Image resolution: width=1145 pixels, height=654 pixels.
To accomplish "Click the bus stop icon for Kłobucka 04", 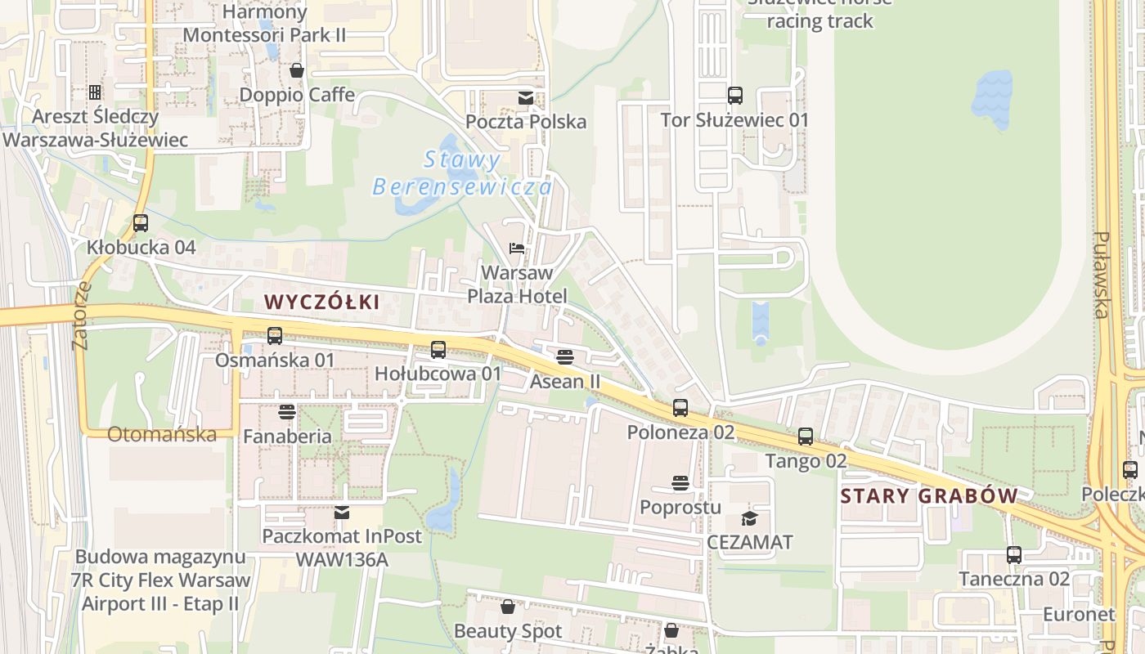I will click(141, 222).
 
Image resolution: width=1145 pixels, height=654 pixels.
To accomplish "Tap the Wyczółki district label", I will click(322, 302).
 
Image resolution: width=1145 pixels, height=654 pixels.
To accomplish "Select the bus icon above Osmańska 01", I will click(275, 335).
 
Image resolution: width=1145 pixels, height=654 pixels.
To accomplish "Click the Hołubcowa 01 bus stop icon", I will click(438, 350).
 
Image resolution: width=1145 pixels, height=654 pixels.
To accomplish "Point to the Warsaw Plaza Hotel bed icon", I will click(517, 248).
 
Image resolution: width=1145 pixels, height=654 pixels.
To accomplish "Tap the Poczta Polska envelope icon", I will click(525, 98).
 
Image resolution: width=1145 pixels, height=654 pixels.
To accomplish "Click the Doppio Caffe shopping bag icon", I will click(297, 70).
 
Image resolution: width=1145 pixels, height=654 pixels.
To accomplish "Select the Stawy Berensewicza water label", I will click(462, 173).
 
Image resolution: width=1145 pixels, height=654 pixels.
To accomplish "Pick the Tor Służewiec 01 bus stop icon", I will click(734, 96).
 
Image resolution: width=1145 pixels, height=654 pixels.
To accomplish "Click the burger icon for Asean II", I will click(564, 357).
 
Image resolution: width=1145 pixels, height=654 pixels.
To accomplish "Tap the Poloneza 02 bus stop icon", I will click(680, 407).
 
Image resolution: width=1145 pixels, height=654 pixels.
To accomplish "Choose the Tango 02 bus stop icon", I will click(806, 437).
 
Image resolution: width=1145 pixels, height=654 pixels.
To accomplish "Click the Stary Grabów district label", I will click(929, 496).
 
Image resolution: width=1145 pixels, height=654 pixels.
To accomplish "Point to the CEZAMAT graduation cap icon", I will click(749, 518).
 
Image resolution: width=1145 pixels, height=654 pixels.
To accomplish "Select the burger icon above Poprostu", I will click(680, 483).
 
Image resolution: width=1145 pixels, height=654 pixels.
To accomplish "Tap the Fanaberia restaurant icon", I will click(287, 411).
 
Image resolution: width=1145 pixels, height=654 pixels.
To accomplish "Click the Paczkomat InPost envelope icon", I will click(342, 513).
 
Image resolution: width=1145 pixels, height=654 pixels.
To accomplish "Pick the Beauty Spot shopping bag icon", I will click(508, 607).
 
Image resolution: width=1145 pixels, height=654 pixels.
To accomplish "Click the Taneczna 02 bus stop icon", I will click(1014, 555).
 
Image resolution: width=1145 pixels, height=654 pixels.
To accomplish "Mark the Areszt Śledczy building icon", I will click(95, 92).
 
